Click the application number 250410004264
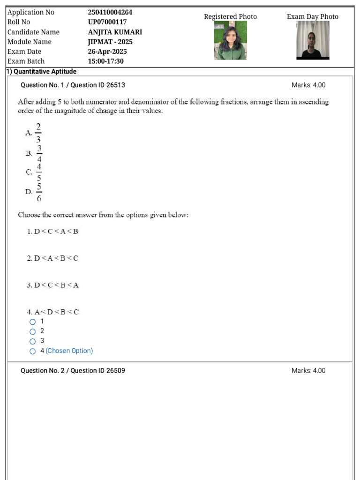(x=110, y=12)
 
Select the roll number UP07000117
(x=107, y=22)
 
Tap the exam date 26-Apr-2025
(x=107, y=52)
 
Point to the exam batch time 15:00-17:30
(x=106, y=61)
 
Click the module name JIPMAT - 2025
(x=110, y=42)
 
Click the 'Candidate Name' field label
(x=33, y=32)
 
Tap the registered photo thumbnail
(x=230, y=40)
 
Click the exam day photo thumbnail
(x=313, y=40)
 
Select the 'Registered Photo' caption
(x=230, y=17)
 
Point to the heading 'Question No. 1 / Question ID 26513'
(x=73, y=85)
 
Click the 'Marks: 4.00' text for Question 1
(x=308, y=85)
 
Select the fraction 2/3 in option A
(x=38, y=133)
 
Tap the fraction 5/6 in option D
(x=39, y=192)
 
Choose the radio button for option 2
(x=32, y=331)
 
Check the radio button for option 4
(x=32, y=351)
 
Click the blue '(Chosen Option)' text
(x=69, y=351)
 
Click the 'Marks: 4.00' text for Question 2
(x=308, y=371)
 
